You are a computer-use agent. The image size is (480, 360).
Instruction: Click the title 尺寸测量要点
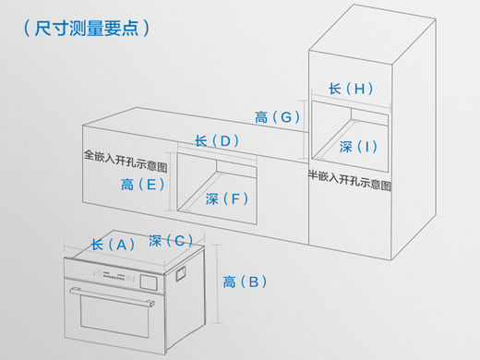pos(87,29)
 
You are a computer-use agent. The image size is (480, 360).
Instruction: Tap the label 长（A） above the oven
pos(113,245)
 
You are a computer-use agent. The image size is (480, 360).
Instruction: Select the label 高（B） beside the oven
pos(245,282)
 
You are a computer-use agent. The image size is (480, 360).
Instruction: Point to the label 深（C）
pos(171,240)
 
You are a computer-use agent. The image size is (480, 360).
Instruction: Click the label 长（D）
pos(217,141)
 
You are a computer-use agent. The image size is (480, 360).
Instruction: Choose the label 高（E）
pos(143,185)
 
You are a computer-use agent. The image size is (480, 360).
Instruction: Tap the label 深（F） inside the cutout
pos(227,198)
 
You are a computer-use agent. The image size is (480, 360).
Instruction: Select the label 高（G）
pos(277,117)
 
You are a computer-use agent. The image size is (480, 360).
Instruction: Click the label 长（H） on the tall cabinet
pos(351,89)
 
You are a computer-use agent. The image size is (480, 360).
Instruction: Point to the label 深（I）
pos(358,147)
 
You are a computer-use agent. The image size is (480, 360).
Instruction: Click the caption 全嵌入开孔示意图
pos(126,161)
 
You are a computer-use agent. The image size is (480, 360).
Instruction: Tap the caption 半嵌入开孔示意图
pos(350,180)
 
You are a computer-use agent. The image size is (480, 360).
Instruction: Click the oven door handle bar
pos(113,296)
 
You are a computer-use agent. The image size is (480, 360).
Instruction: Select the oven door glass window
pos(114,316)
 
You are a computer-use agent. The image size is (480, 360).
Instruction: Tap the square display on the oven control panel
pos(149,282)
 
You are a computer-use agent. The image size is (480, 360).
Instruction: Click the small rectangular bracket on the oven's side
pos(181,274)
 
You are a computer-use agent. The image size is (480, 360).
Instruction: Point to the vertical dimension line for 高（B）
pos(218,284)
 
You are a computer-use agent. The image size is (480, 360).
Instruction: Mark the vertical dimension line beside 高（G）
pos(304,130)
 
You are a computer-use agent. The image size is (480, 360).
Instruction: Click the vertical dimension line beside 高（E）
pos(170,182)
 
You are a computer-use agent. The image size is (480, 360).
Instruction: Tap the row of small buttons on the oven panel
pos(114,276)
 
